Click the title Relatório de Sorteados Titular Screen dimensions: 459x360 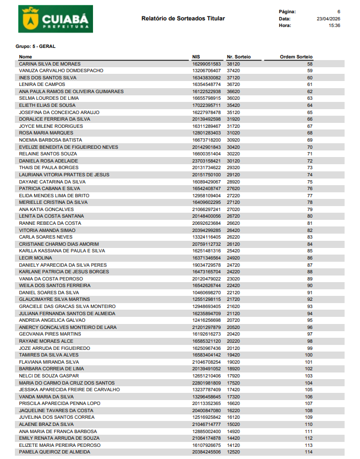coord(183,19)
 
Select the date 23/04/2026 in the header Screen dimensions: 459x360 coord(328,19)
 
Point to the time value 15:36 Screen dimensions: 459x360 coord(334,26)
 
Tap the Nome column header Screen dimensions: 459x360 coord(25,57)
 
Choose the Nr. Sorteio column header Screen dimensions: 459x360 coord(238,57)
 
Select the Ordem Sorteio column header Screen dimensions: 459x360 coord(296,57)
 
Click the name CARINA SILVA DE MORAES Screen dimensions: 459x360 coord(50,64)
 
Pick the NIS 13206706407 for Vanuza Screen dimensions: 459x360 coord(206,71)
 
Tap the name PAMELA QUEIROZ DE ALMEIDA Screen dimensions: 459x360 coord(54,452)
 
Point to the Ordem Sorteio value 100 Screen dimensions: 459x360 coord(308,355)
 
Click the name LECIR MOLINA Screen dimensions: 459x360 coord(35,258)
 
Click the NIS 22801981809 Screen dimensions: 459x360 coord(206,382)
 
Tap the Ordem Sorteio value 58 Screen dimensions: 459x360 coord(310,64)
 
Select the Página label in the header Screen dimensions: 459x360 coord(287,12)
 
